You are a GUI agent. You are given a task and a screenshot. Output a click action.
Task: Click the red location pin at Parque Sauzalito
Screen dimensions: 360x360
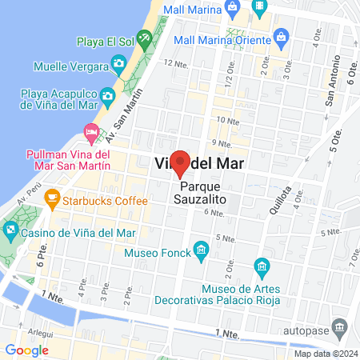coord(180,162)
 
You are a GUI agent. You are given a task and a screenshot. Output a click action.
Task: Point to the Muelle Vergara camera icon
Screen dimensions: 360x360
coord(118,62)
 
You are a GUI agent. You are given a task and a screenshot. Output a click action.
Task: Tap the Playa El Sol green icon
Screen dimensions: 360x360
coord(144,38)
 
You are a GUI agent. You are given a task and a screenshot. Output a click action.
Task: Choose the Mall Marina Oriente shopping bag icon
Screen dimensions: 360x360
coord(282,37)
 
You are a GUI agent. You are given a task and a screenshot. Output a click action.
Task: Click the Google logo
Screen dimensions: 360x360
coord(26,350)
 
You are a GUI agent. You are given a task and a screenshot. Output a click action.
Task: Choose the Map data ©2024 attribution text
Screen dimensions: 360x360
coord(325,354)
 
